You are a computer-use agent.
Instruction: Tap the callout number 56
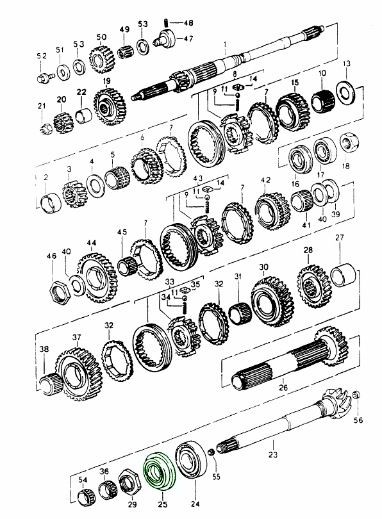coord(358,420)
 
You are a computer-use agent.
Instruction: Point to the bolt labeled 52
coord(44,78)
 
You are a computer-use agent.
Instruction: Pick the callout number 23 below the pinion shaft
coord(273,455)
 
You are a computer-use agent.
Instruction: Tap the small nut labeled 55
coord(210,452)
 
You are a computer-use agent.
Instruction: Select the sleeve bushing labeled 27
coord(344,274)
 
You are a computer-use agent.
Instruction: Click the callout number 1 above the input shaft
coord(226,44)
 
